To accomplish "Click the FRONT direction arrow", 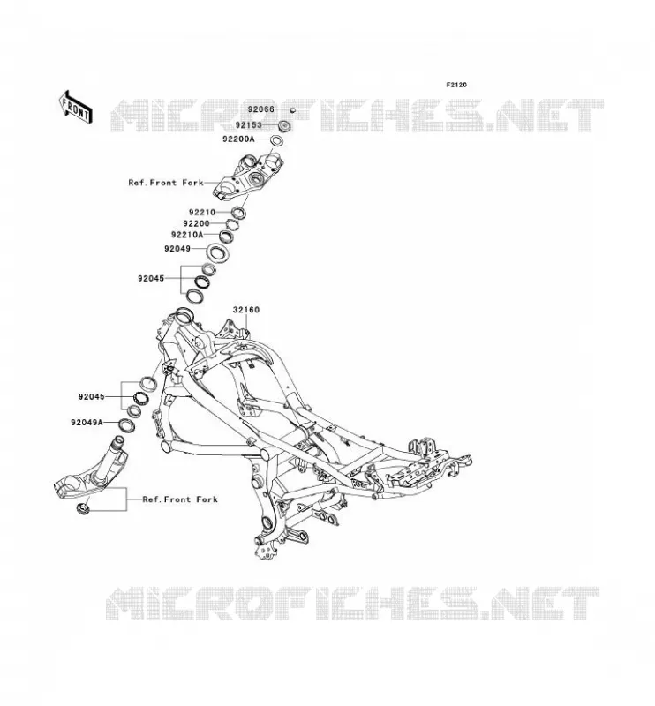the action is click(x=76, y=107).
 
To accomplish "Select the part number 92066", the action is click(x=260, y=109).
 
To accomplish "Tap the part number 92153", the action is click(x=249, y=124).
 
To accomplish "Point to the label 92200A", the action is click(x=238, y=139).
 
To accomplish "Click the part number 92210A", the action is click(x=187, y=235).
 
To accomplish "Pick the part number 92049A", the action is click(x=87, y=423).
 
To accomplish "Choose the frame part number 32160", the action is click(x=246, y=310).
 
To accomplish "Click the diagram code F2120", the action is click(x=456, y=85).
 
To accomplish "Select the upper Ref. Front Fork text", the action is click(x=166, y=183).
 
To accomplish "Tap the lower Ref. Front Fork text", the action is click(x=180, y=499).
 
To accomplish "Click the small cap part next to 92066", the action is click(x=292, y=109).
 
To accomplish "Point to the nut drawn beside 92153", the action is click(x=284, y=125).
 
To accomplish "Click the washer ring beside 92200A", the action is click(x=277, y=140).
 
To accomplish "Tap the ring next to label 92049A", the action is click(x=126, y=424).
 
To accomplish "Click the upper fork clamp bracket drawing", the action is click(x=248, y=176).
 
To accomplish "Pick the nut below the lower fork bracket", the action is click(x=83, y=508).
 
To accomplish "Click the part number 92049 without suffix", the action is click(x=177, y=249).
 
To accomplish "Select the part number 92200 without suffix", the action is click(x=196, y=223).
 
